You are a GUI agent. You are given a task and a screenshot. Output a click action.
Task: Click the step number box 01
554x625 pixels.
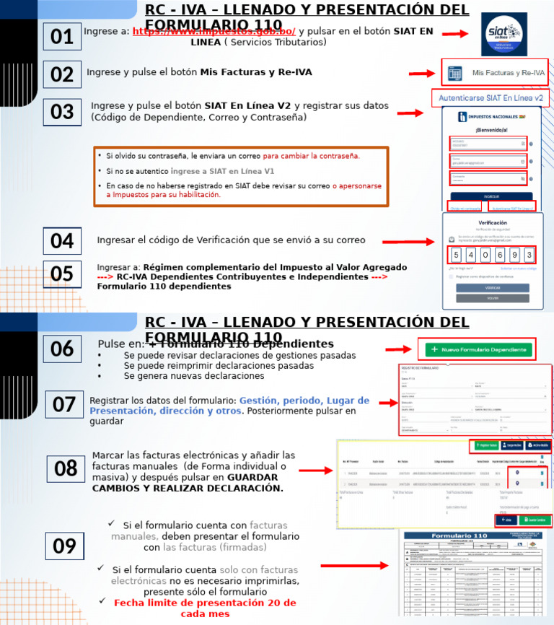click(x=62, y=36)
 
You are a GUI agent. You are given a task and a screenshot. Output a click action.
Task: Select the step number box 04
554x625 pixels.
click(x=62, y=241)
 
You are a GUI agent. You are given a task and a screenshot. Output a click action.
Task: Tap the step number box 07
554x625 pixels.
click(x=64, y=404)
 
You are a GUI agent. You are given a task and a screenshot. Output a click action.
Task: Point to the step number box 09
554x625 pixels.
click(x=64, y=546)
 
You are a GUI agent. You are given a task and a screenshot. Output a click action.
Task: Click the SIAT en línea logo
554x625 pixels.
click(x=504, y=34)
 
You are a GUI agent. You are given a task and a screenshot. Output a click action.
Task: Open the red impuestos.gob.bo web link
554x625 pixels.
click(x=214, y=31)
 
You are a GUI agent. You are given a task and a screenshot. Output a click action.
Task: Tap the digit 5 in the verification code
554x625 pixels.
click(x=456, y=255)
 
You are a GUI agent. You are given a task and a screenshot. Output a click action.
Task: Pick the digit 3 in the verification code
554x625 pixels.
click(x=529, y=255)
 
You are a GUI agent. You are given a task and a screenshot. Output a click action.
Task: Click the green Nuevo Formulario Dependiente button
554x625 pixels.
click(x=479, y=349)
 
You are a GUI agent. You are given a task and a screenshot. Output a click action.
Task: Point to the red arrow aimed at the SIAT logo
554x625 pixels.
click(x=456, y=34)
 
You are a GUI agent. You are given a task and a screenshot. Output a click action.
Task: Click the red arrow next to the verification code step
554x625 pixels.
click(x=420, y=242)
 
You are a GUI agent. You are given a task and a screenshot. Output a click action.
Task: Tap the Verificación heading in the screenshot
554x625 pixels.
click(x=493, y=224)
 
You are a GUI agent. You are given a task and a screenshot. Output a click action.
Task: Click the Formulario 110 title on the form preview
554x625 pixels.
click(x=454, y=536)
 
